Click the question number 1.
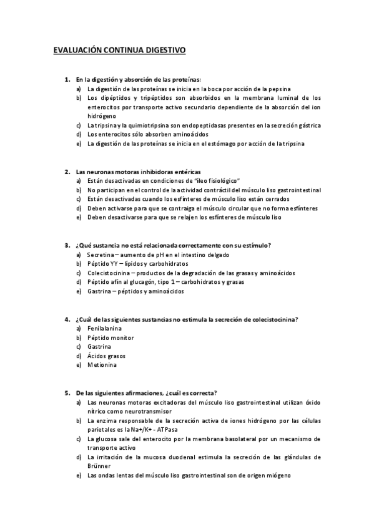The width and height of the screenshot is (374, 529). click(67, 80)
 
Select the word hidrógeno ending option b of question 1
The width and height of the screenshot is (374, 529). click(101, 116)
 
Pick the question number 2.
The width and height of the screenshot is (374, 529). click(67, 172)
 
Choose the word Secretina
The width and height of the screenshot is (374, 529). click(102, 255)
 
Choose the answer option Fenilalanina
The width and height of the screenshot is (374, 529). click(104, 328)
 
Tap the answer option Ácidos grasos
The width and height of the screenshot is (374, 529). click(106, 356)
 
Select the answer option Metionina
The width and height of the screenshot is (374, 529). click(102, 364)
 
